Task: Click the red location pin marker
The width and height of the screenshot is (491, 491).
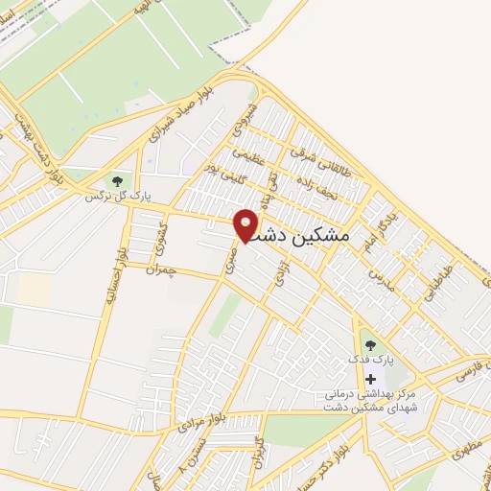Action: pyautogui.click(x=246, y=223)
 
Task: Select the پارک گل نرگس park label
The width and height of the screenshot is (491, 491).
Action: pyautogui.click(x=106, y=196)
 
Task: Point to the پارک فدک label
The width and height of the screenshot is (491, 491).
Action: pyautogui.click(x=371, y=361)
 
